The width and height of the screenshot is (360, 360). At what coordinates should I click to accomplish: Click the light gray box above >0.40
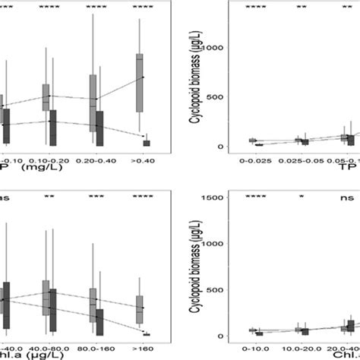pos(139,83)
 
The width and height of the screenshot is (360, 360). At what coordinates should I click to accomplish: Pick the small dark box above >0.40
pos(147,142)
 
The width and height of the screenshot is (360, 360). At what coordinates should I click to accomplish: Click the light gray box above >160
pos(139,308)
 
